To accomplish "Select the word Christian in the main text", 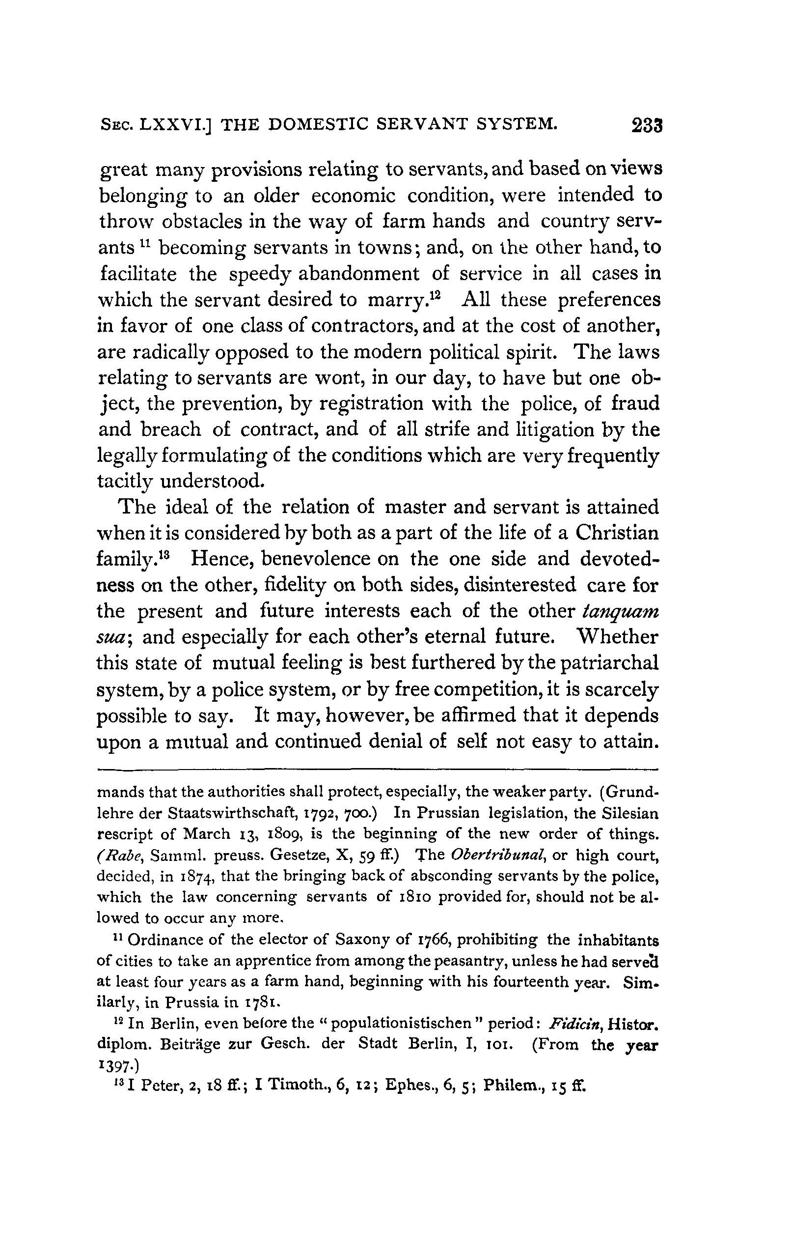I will [617, 533].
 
